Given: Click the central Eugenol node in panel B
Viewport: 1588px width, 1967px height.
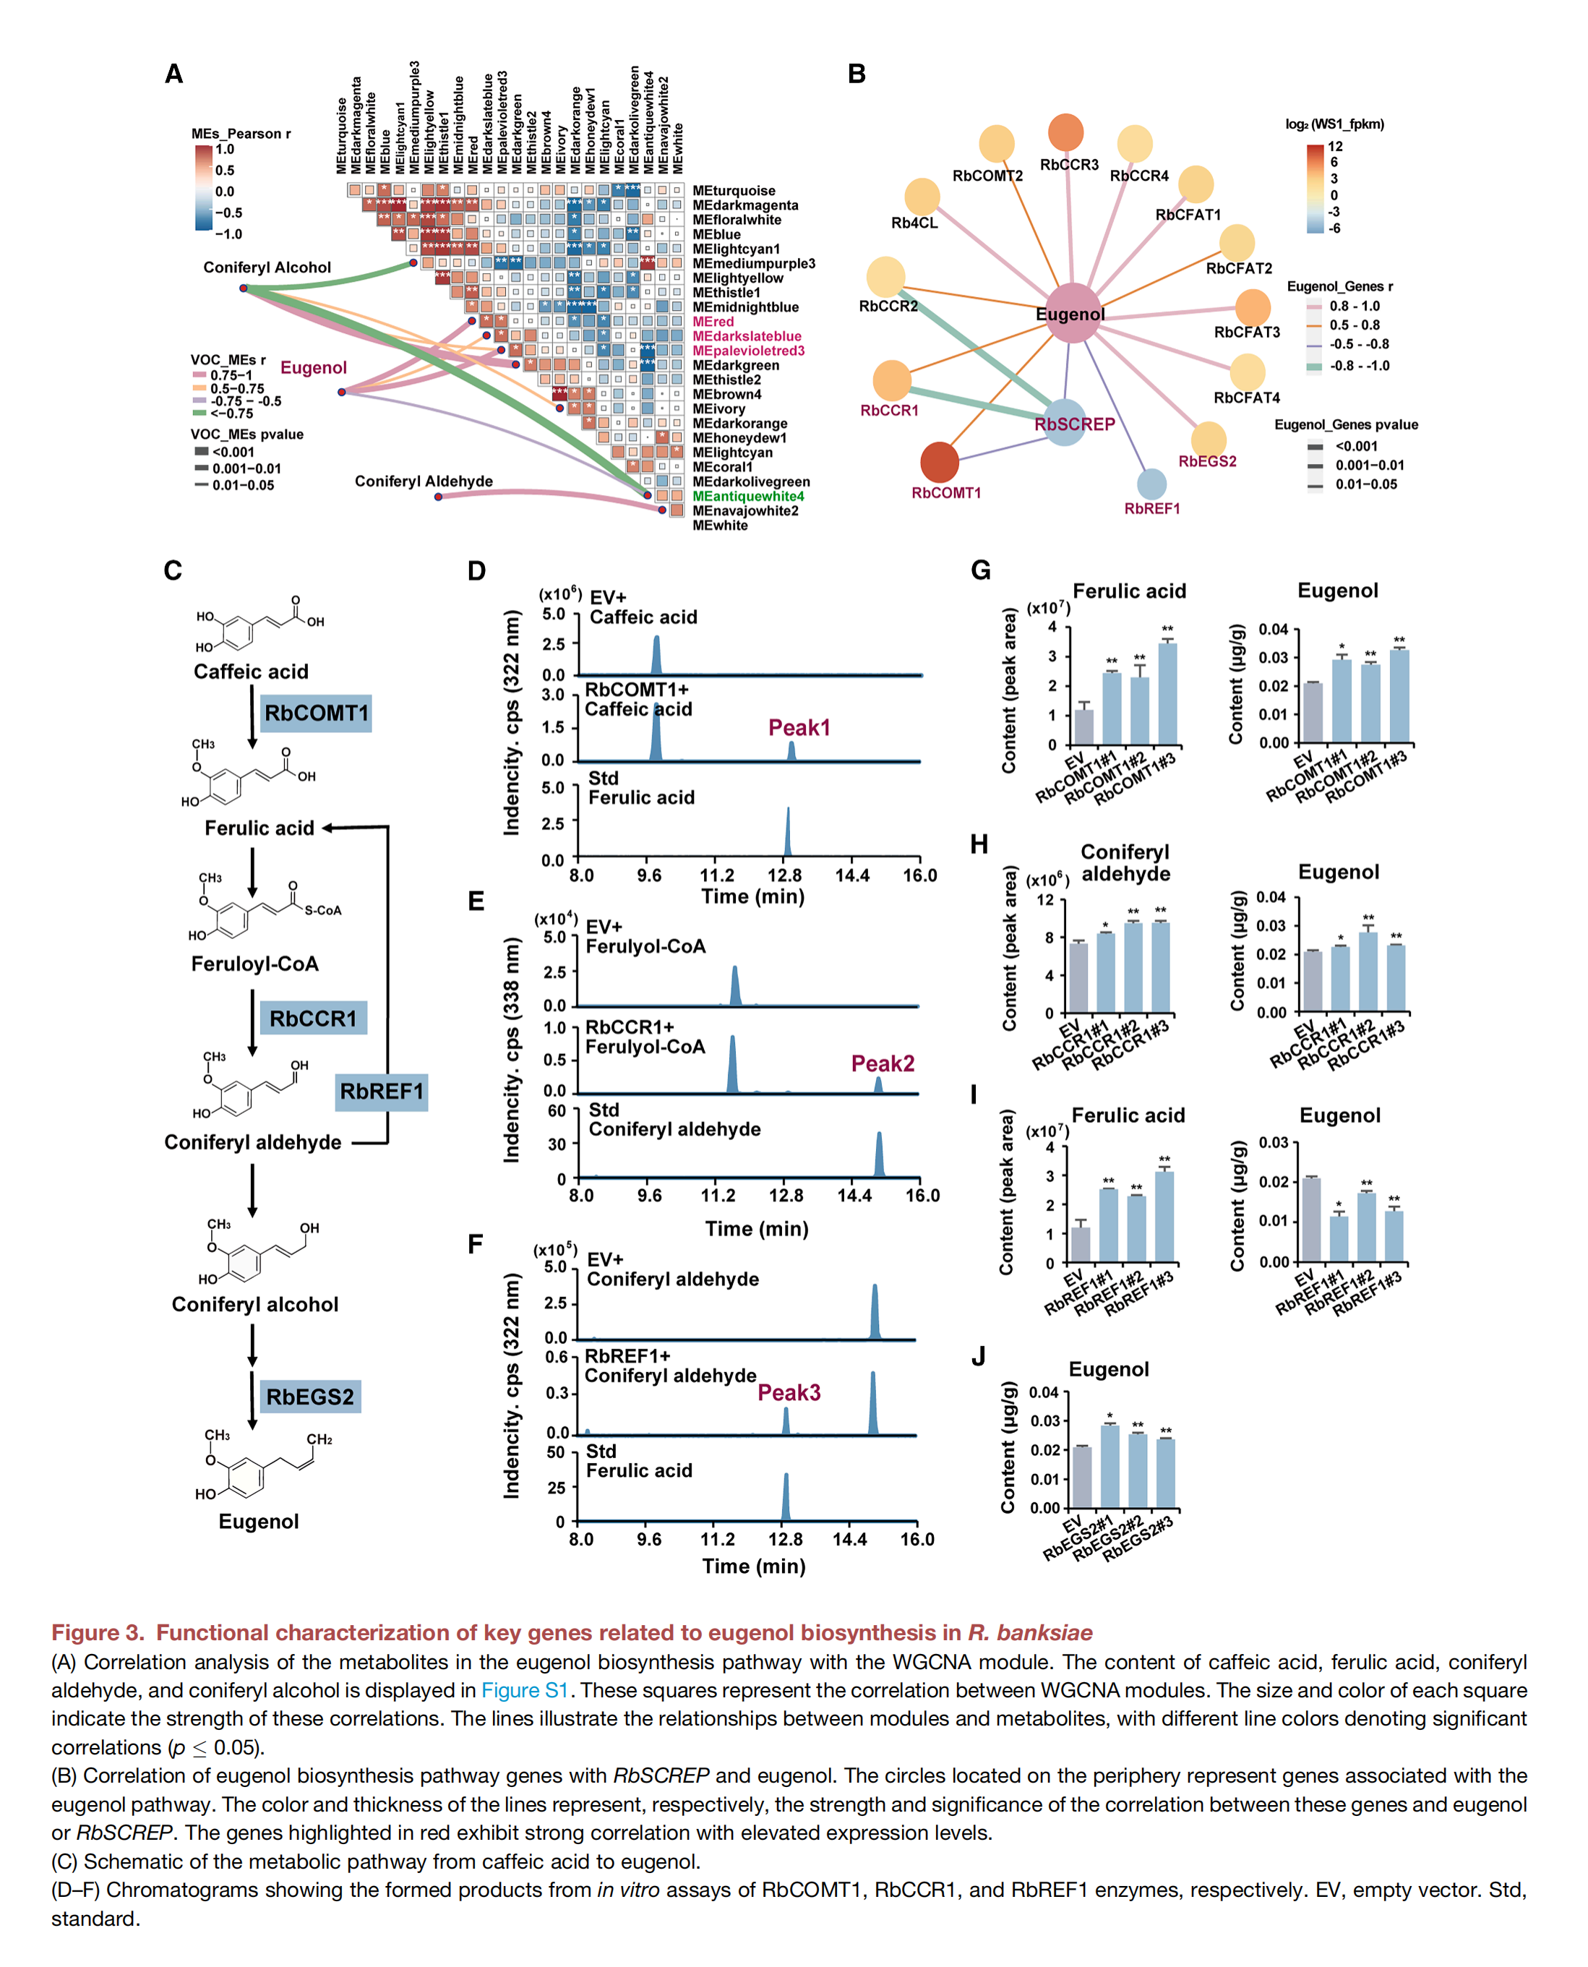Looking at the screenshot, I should [x=1071, y=314].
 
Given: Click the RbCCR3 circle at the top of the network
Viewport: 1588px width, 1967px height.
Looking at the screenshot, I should [x=1065, y=133].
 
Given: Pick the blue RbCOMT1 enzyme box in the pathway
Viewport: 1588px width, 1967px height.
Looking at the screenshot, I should [x=316, y=713].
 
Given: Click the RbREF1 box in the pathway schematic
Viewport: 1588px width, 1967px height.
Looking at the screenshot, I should [x=382, y=1092].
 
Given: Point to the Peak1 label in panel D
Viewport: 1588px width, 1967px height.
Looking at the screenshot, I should [x=799, y=728].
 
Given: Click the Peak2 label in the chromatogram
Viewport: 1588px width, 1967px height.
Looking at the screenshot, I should [x=882, y=1063].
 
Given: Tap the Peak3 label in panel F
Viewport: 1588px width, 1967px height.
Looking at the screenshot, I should [x=789, y=1392].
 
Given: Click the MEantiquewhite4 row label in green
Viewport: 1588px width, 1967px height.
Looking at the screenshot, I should [x=747, y=497].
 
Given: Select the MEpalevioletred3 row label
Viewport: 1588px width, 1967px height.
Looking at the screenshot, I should [x=747, y=351].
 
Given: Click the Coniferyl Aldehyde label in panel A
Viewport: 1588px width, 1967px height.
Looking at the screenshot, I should [x=424, y=481].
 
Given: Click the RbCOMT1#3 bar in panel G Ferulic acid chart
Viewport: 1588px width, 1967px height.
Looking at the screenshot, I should [x=1167, y=693].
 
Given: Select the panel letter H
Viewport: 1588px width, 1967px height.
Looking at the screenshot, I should [x=979, y=844].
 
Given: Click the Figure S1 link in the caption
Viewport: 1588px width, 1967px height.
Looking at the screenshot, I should [x=524, y=1690].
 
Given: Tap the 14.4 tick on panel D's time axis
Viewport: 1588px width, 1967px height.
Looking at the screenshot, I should [x=851, y=875].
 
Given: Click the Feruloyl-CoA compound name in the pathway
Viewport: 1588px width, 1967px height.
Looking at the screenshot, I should [x=254, y=964].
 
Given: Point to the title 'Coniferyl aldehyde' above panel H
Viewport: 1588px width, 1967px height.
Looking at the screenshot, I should [x=1125, y=862].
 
